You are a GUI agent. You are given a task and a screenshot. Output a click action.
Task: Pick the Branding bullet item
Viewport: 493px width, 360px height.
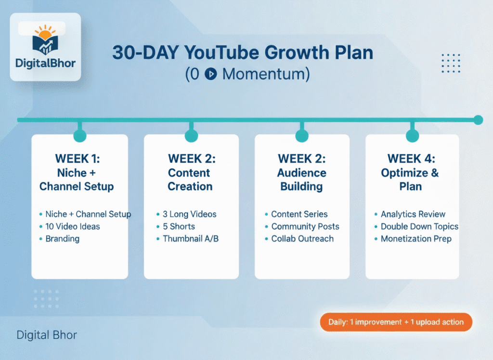click(62, 239)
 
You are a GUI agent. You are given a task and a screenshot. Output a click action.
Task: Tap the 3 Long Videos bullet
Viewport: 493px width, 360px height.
click(189, 214)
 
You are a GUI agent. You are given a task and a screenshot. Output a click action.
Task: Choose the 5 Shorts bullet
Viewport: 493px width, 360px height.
click(179, 227)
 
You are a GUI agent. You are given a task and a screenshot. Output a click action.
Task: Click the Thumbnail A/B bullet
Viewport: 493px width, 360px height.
click(191, 239)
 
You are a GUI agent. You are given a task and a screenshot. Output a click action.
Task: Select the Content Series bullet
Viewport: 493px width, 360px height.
click(299, 214)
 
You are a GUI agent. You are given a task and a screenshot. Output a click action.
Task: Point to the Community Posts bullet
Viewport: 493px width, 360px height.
click(305, 227)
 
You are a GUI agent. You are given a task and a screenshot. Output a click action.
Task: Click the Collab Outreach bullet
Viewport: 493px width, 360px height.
click(302, 239)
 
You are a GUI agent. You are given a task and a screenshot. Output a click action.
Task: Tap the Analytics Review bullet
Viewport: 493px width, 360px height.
click(413, 214)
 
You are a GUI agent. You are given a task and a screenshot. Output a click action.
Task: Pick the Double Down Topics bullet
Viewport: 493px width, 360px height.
click(419, 227)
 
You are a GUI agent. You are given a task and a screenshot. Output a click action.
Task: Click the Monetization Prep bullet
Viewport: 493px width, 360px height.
click(416, 239)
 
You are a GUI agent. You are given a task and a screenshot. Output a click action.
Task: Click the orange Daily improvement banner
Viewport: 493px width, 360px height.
click(396, 322)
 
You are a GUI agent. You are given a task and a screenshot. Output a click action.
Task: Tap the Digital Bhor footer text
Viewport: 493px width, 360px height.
click(47, 334)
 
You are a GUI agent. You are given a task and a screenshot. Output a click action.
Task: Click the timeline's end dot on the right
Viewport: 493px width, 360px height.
click(478, 120)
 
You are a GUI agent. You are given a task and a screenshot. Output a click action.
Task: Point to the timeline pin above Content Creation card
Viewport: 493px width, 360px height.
click(191, 136)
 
